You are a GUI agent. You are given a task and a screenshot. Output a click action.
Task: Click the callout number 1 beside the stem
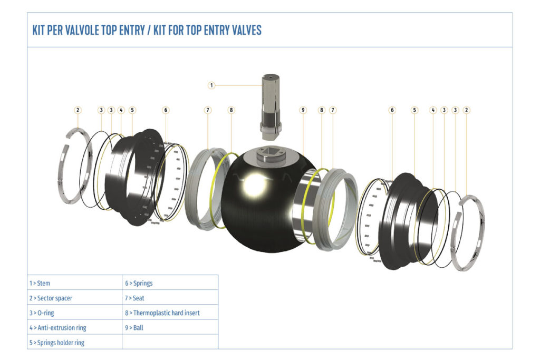click(211, 85)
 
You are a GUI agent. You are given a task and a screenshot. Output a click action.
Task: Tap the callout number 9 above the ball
click(303, 110)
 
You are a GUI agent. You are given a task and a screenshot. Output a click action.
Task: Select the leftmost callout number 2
click(78, 110)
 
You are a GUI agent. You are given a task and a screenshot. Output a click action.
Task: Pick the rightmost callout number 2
click(466, 110)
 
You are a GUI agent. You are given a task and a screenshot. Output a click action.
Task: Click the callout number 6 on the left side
click(166, 110)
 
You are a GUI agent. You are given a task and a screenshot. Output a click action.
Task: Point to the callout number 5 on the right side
click(414, 110)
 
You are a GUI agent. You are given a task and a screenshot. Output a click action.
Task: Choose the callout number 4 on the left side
click(121, 110)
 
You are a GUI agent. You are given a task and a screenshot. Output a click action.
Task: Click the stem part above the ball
click(271, 105)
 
